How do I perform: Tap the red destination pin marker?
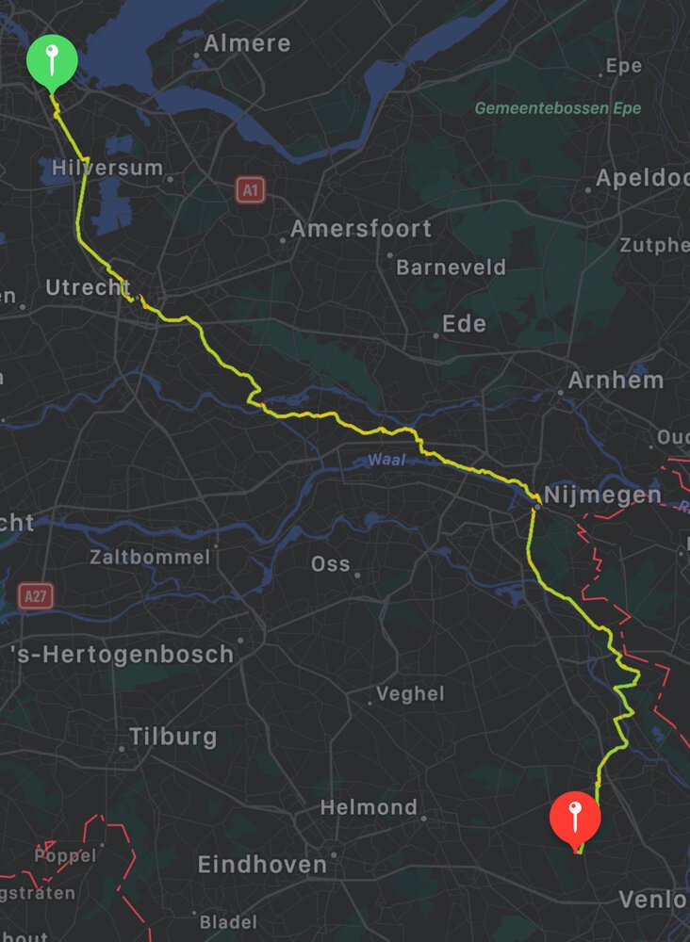click(x=574, y=816)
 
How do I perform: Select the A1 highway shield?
click(x=250, y=191)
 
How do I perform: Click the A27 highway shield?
click(x=35, y=595)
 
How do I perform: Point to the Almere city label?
click(x=247, y=43)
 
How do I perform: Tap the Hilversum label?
click(x=107, y=169)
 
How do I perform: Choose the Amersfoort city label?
click(x=360, y=229)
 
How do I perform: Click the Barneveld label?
click(x=451, y=268)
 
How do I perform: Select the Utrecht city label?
click(x=88, y=287)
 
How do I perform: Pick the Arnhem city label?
click(x=616, y=381)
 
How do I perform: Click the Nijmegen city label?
click(x=602, y=495)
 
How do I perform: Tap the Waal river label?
click(x=386, y=461)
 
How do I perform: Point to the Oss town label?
click(x=331, y=564)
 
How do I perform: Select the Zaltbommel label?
click(x=150, y=557)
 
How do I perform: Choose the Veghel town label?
click(x=410, y=694)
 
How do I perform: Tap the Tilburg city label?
click(x=172, y=737)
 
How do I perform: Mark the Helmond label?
click(x=369, y=807)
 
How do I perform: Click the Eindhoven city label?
click(x=262, y=865)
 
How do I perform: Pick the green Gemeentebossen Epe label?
click(x=557, y=108)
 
